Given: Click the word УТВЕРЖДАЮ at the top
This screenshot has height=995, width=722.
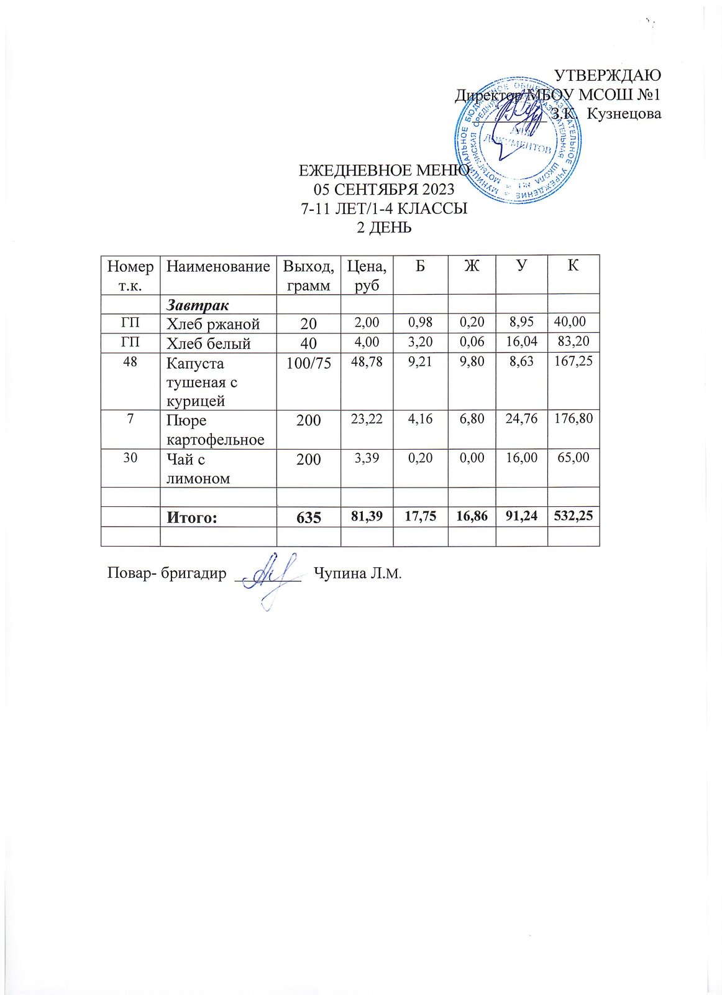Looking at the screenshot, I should coord(607,75).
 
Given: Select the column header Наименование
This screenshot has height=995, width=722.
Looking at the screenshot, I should coord(218,267).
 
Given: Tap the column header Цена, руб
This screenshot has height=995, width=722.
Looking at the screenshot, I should coord(367,275).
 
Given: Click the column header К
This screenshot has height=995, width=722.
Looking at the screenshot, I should coord(573,266).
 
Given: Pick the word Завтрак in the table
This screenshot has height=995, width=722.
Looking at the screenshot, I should coord(197,305).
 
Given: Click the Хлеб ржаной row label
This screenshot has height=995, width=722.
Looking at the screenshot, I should coord(212,323).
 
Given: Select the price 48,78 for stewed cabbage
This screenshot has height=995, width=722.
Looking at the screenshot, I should coord(367,361).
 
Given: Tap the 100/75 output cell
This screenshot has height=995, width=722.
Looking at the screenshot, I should coord(308,363).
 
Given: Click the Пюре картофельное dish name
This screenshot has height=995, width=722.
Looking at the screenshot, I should coord(215,430).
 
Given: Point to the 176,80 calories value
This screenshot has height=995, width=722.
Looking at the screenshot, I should coord(573,419).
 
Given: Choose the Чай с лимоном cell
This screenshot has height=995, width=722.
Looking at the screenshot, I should coord(198,468).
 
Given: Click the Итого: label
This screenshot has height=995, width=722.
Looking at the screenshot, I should coord(191,517).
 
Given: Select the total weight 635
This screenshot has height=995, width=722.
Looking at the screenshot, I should coord(308,517).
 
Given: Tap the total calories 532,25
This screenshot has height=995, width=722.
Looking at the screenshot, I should coord(573,516).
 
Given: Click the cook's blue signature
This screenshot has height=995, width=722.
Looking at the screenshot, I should coord(271,578).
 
